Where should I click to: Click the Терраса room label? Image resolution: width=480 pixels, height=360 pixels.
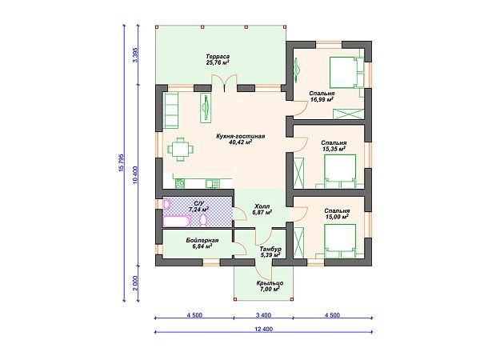[218, 57]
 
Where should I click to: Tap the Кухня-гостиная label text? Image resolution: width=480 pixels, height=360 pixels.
[240, 136]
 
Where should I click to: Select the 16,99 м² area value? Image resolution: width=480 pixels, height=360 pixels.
[322, 99]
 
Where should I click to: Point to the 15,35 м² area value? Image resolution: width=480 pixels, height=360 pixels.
[334, 149]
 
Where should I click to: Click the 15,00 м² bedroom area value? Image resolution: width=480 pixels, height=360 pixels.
[337, 217]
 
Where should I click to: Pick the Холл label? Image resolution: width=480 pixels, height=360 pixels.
[262, 206]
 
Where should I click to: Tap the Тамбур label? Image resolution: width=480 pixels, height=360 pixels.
[270, 249]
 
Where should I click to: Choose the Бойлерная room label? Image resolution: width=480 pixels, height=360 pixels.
[202, 240]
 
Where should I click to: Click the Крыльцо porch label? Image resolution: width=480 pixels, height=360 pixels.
[270, 283]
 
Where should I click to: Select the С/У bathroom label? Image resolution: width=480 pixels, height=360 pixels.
[198, 203]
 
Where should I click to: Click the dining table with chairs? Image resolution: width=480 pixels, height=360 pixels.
[180, 150]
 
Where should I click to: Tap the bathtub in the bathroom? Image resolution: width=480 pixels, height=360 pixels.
[177, 221]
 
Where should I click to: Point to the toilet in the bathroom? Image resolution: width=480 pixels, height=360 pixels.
[203, 220]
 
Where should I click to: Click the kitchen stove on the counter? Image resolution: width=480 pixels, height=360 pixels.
[180, 183]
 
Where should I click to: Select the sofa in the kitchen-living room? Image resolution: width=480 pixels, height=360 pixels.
[171, 110]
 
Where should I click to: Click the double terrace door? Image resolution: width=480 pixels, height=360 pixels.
[224, 83]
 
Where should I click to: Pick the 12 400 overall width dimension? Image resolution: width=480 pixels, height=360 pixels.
[263, 329]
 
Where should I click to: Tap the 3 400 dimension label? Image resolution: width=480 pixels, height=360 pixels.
[263, 315]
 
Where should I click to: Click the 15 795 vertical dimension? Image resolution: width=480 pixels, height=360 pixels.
[121, 162]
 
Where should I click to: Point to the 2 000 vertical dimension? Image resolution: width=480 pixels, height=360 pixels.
[135, 283]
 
